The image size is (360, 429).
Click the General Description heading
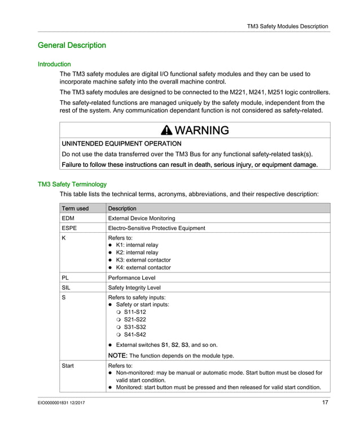click(72, 45)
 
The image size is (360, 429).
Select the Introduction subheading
click(54, 64)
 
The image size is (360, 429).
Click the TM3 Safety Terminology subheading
click(72, 184)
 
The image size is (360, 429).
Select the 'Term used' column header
click(75, 209)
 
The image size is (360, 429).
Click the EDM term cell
click(68, 218)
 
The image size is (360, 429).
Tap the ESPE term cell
click(69, 228)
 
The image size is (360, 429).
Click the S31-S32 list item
click(135, 327)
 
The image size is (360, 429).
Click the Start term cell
click(68, 366)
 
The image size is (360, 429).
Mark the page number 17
click(325, 403)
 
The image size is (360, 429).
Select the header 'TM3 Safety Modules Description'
click(288, 26)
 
